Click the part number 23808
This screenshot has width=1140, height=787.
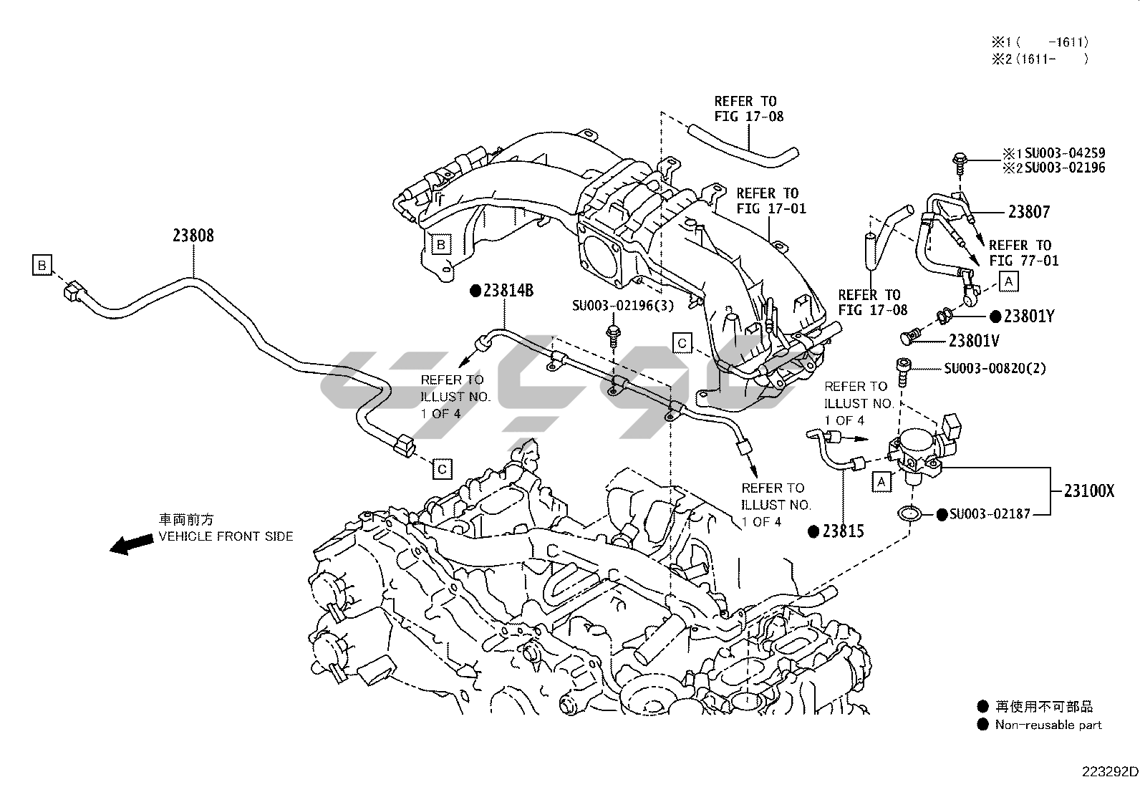pyautogui.click(x=193, y=236)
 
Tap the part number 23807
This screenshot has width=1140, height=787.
pyautogui.click(x=1029, y=212)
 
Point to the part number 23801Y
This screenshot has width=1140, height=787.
pyautogui.click(x=1028, y=316)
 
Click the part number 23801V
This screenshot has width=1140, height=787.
pyautogui.click(x=974, y=342)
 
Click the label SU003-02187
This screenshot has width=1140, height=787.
pyautogui.click(x=990, y=514)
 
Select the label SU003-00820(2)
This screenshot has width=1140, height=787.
pyautogui.click(x=995, y=369)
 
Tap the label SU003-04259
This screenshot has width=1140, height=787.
pyautogui.click(x=1064, y=153)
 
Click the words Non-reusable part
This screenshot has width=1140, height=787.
pyautogui.click(x=1048, y=725)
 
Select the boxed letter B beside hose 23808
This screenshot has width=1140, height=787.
pyautogui.click(x=42, y=266)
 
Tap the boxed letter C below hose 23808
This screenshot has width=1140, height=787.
pyautogui.click(x=443, y=469)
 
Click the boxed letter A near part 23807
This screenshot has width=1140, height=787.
pyautogui.click(x=1008, y=281)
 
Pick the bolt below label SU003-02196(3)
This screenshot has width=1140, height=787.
pyautogui.click(x=613, y=335)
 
